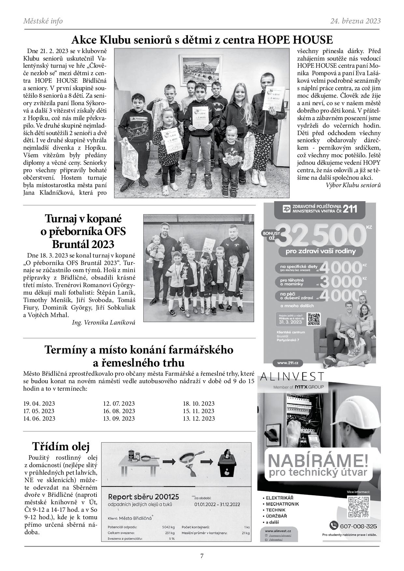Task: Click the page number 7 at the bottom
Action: pos(202,556)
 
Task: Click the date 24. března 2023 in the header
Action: pos(355,21)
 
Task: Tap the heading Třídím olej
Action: pos(61,446)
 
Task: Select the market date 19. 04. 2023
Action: pos(39,404)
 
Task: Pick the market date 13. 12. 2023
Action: pos(199,419)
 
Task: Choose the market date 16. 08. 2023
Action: pos(119,411)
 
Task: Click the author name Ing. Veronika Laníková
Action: pos(103,322)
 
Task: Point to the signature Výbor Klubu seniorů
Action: pos(353,185)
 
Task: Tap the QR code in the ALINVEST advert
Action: pos(358,507)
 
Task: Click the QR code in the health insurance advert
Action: pos(314,319)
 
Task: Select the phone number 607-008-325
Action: pos(358,526)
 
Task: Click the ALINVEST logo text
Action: pos(292,377)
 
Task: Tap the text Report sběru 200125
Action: pos(143,497)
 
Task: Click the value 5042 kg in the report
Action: pos(168,527)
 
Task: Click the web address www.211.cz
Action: pos(285,363)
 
